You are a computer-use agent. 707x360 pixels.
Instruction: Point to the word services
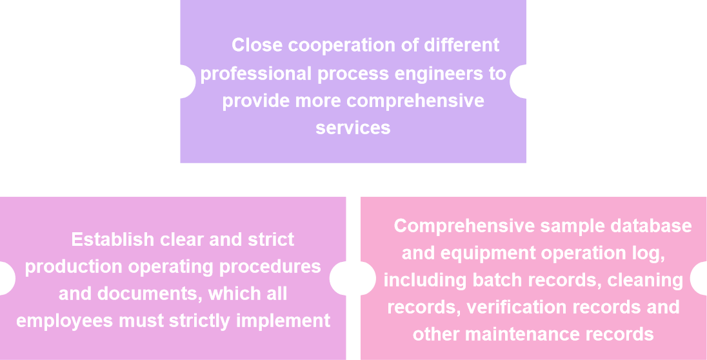353,128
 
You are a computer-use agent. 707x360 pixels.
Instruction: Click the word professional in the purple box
255,74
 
